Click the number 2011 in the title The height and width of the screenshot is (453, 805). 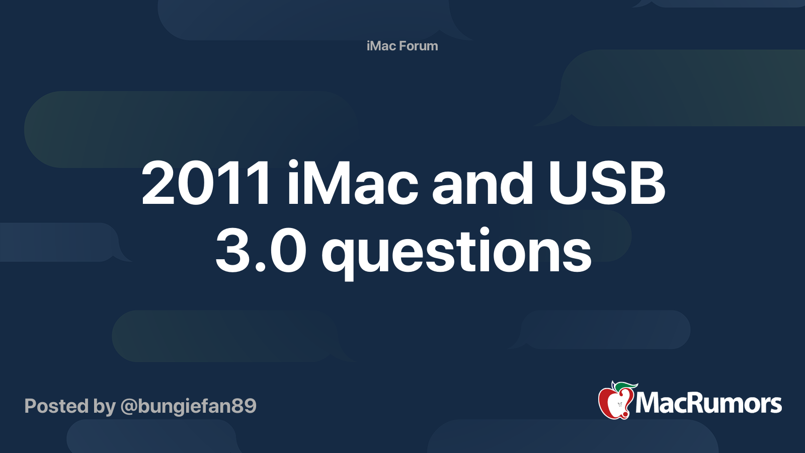click(206, 184)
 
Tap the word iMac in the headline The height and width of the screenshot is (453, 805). click(352, 184)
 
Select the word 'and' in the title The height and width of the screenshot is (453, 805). click(482, 184)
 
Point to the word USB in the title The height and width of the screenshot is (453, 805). click(607, 184)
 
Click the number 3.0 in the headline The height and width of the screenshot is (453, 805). click(261, 251)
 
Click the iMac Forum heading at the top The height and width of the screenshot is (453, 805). click(402, 46)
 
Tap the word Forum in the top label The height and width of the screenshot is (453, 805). click(419, 46)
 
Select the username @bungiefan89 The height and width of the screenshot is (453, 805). click(188, 406)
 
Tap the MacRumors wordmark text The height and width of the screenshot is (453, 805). click(708, 403)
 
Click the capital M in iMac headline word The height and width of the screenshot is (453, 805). click(327, 184)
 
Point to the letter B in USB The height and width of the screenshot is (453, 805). click(646, 184)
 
